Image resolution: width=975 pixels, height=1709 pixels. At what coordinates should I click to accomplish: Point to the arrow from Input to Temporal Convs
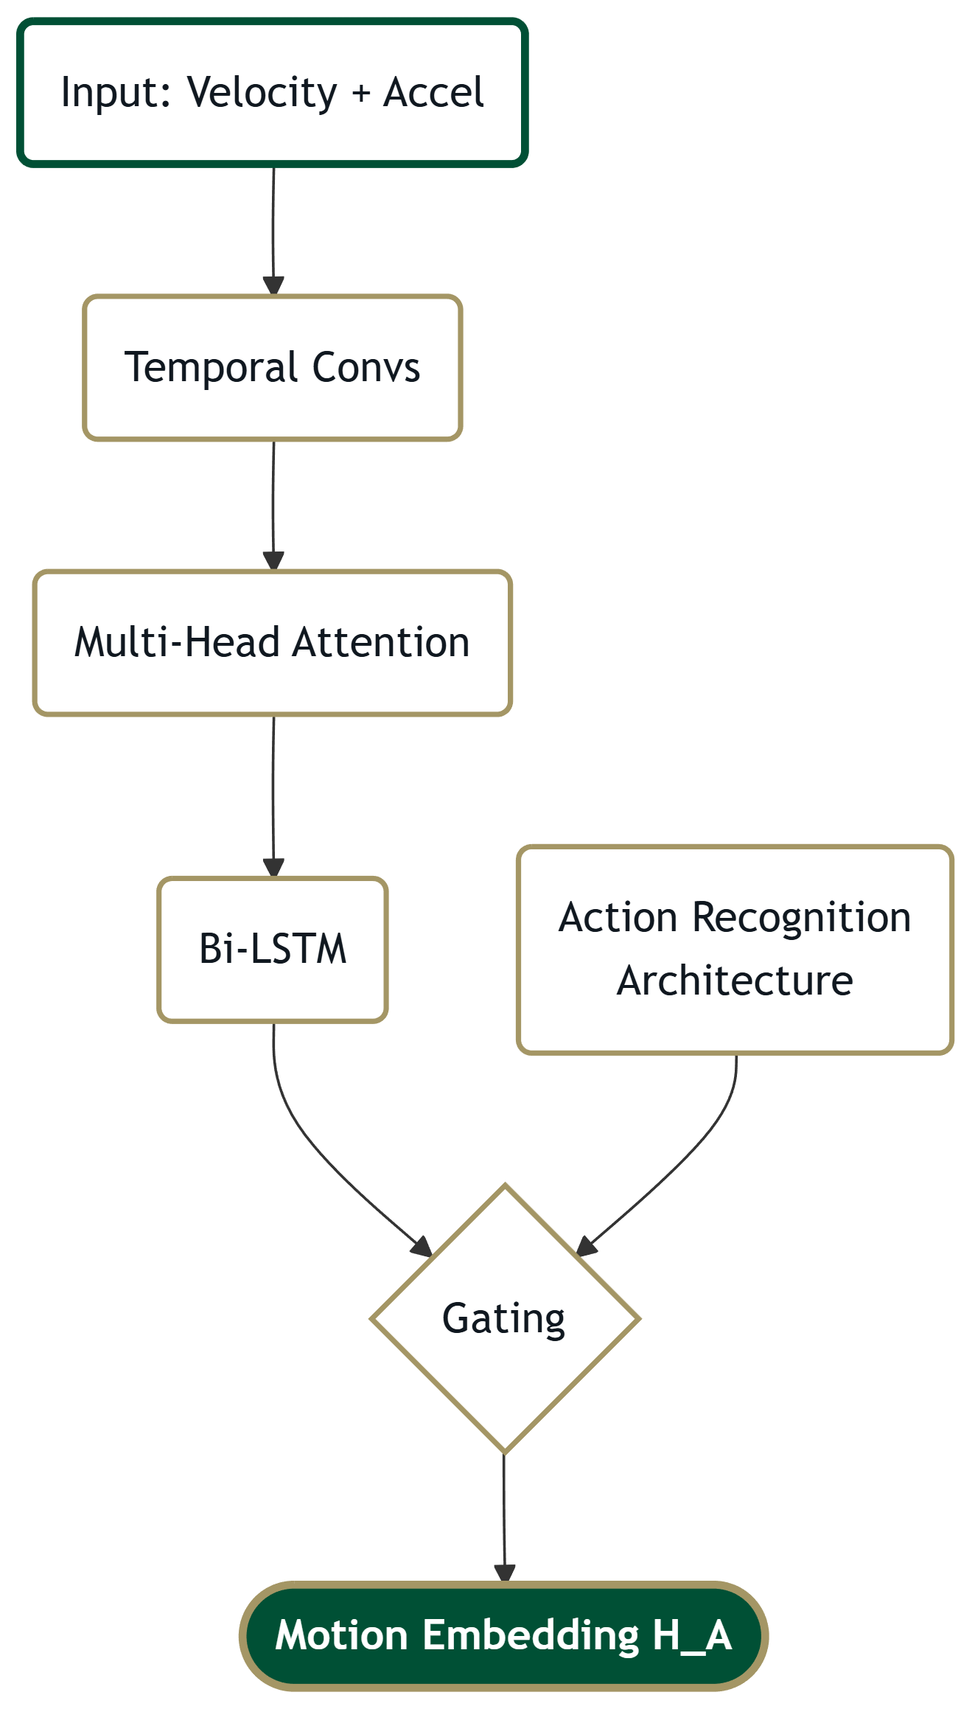[x=273, y=229]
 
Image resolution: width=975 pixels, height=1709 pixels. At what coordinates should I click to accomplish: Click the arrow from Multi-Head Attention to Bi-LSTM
[x=273, y=796]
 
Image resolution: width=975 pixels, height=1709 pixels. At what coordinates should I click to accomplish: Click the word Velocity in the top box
[x=262, y=93]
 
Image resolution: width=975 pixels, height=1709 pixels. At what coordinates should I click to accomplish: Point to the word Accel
[x=433, y=93]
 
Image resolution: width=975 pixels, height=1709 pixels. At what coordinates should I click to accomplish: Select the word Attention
[x=381, y=642]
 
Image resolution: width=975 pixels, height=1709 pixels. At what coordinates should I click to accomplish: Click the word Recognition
[x=802, y=918]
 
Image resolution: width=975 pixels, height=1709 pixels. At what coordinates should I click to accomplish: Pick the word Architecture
[x=735, y=981]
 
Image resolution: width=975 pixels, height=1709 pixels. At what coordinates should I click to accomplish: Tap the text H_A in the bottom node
[x=691, y=1636]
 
